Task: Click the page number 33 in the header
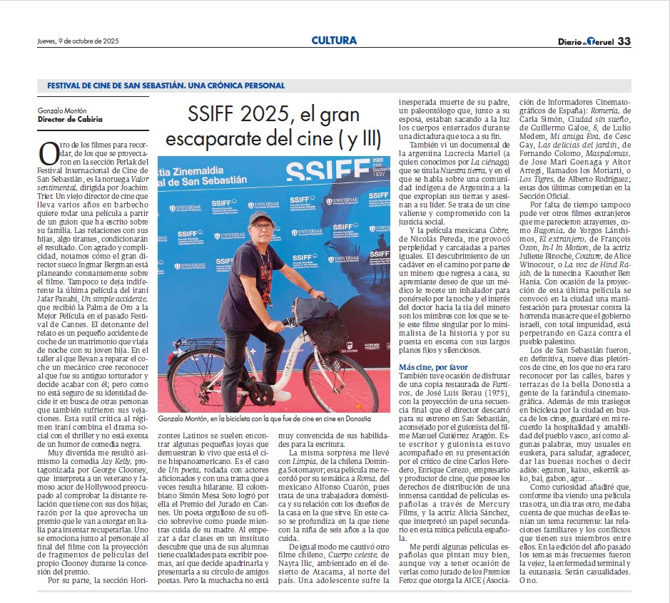point(624,41)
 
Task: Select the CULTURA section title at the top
point(334,41)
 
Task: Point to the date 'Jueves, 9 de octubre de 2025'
point(78,41)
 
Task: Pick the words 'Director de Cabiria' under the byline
point(70,119)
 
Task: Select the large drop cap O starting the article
point(48,154)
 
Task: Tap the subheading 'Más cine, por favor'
point(433,366)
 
